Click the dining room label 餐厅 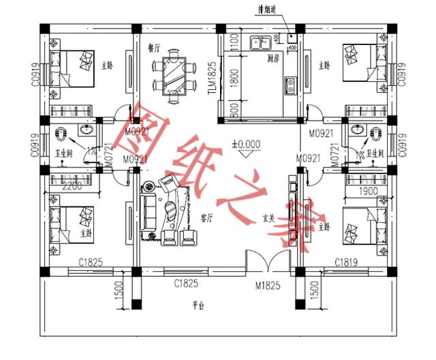pyautogui.click(x=153, y=49)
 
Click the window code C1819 pyautogui.click(x=347, y=262)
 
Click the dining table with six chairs pyautogui.click(x=173, y=74)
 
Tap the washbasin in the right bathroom pyautogui.click(x=357, y=130)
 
